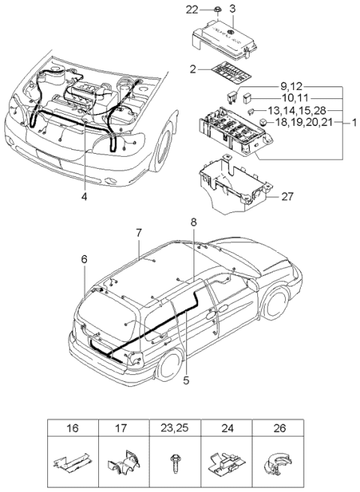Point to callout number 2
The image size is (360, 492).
pyautogui.click(x=193, y=69)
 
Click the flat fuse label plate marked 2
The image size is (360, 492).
pyautogui.click(x=230, y=72)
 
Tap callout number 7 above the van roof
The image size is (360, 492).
pyautogui.click(x=139, y=232)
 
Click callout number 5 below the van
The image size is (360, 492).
pyautogui.click(x=186, y=380)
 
